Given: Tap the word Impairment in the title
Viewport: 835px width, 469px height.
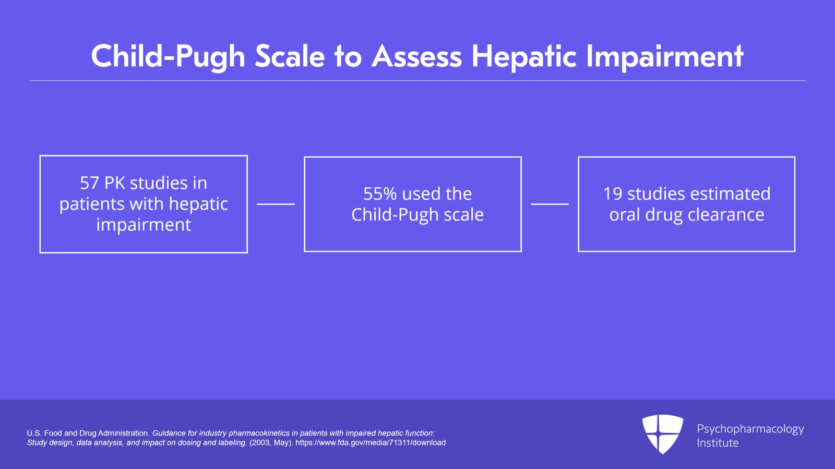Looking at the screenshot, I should point(664,56).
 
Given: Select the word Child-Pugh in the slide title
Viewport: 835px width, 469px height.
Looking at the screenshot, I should point(168,56).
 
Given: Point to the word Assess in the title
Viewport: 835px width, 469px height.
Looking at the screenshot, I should point(416,56).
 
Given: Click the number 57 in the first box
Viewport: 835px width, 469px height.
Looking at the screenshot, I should point(89,183).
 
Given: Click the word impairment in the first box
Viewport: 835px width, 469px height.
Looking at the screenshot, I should point(144,225).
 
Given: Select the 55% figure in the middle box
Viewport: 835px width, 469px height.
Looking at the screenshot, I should point(380,194).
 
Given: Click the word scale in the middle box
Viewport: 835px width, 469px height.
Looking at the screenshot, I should point(463,215).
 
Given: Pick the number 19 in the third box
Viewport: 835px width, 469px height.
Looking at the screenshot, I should point(613,194).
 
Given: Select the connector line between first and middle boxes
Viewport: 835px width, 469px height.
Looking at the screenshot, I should point(276,204).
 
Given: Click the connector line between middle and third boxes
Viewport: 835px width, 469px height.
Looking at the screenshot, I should point(550,204).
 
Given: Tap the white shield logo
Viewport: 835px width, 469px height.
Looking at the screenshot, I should point(662,434).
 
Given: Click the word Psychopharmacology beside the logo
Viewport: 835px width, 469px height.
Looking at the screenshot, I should point(750,429).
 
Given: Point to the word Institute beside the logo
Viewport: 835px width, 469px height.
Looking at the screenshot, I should point(718,443).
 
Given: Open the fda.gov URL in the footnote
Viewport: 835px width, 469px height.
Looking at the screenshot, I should point(371,443).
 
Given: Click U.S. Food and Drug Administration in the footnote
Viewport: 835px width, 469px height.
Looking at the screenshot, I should point(88,433).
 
